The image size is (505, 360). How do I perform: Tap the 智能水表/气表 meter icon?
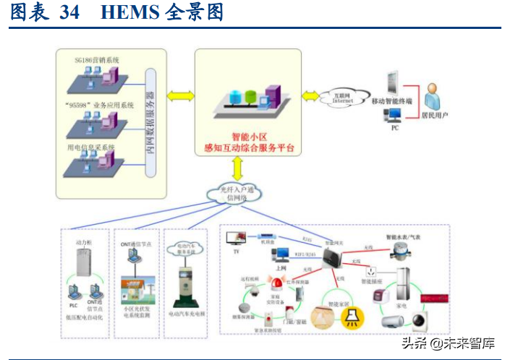(x=399, y=250)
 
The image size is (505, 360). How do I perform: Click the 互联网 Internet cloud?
(x=343, y=97)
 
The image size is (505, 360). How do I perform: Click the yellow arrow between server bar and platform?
(x=179, y=95)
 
